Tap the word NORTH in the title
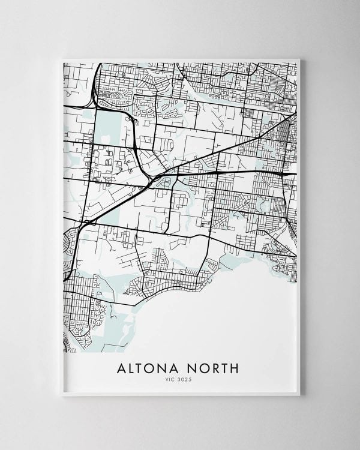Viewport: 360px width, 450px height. (x=213, y=367)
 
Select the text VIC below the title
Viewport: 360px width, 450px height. (x=172, y=379)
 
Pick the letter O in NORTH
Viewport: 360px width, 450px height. (x=203, y=367)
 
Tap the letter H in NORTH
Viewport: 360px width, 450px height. (x=235, y=367)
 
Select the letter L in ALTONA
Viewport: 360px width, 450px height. (x=133, y=367)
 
